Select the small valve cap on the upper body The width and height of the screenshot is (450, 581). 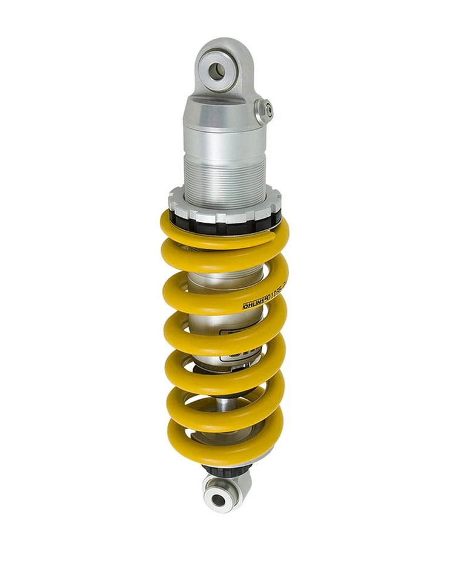click(264, 110)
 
